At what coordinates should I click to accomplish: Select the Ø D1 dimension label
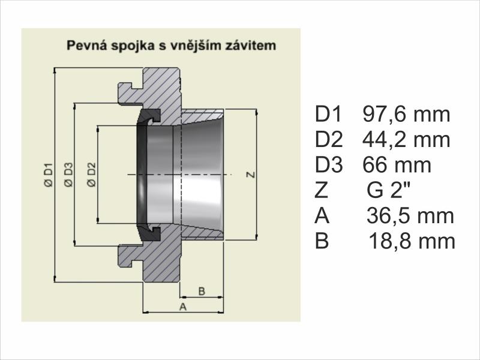coord(49,175)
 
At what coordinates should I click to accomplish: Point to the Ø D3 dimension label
coord(68,175)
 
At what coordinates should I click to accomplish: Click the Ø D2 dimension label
coord(91,175)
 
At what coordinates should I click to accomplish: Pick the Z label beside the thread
coord(251,175)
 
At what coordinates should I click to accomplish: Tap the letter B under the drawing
coord(202,291)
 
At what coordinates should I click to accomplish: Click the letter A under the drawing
coord(183,307)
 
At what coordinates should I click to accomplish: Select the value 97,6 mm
coord(407,115)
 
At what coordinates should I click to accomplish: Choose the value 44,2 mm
coord(407,140)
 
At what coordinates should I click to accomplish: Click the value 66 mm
coord(397,166)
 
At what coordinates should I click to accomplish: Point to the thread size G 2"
coord(388,190)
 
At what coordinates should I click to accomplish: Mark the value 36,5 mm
coord(410,216)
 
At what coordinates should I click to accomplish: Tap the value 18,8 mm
coord(412,241)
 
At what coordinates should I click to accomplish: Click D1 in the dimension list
coord(328,115)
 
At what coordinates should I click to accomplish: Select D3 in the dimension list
coord(329,166)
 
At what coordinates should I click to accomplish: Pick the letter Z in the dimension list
coord(322,190)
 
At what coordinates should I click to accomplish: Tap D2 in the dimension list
coord(329,140)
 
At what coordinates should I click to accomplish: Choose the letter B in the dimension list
coord(322,241)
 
